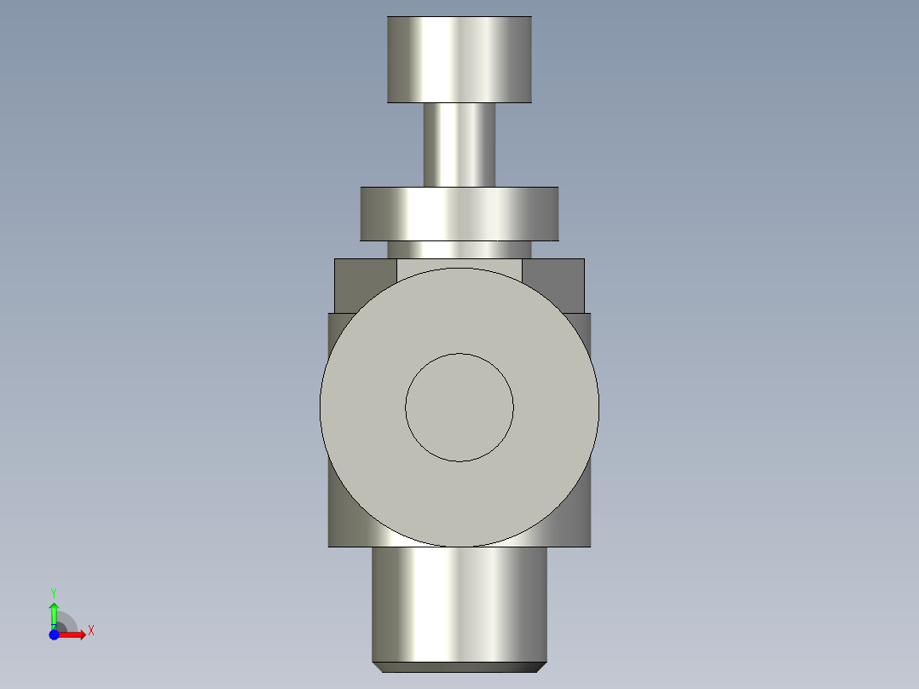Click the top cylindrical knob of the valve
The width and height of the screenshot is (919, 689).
[x=459, y=60]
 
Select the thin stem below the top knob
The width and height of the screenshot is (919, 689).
[x=459, y=144]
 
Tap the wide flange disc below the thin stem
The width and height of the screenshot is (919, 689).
[x=459, y=214]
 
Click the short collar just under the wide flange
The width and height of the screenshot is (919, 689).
[x=459, y=250]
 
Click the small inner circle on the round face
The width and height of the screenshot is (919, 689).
[x=459, y=408]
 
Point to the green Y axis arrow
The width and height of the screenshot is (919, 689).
[x=54, y=612]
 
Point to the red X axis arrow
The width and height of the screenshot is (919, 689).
[x=74, y=634]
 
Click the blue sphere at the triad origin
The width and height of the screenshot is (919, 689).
[x=54, y=634]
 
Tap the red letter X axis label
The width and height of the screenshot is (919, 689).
[x=90, y=631]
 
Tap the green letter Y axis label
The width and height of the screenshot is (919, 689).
[x=54, y=592]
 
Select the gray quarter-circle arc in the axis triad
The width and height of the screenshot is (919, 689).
[x=69, y=621]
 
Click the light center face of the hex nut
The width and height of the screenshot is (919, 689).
[x=459, y=265]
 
